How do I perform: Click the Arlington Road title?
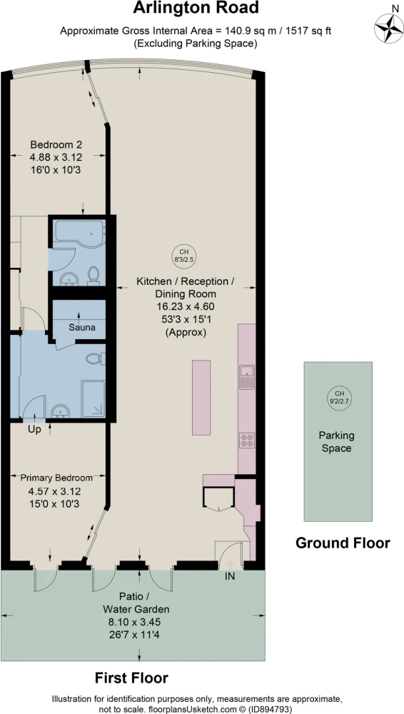[x=196, y=8]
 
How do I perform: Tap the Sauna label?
[x=81, y=327]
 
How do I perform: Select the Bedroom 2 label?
[x=56, y=145]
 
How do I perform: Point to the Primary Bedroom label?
[x=56, y=478]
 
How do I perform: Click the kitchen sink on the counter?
[x=246, y=376]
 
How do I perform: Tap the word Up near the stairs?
[x=34, y=429]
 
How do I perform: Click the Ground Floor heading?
[x=343, y=543]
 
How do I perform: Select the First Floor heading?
[x=131, y=678]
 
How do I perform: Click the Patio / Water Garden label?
[x=136, y=603]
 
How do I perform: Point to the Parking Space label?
[x=337, y=442]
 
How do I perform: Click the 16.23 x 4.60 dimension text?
[x=187, y=306]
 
